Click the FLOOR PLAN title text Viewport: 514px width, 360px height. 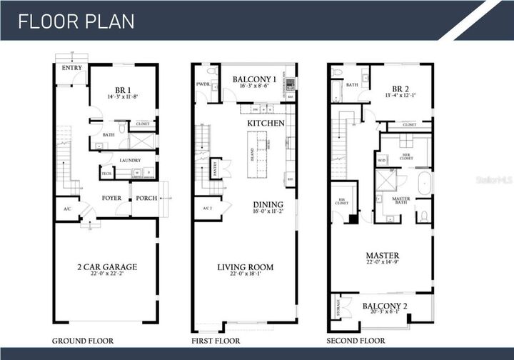coord(76,21)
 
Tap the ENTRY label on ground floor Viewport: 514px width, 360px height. coord(72,69)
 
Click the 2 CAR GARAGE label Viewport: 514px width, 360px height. coord(107,267)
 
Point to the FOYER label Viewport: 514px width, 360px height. coord(111,198)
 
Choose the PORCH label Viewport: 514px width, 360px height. coord(146,198)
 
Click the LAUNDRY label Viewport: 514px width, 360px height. coord(130,160)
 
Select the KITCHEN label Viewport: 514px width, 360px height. coord(266,123)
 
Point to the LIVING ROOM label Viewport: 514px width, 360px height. coord(245,267)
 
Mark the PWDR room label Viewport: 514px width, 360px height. coord(202,84)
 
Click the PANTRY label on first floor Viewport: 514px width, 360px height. coord(215,169)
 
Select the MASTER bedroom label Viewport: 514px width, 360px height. coord(382,255)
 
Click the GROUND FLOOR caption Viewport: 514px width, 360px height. coord(79,341)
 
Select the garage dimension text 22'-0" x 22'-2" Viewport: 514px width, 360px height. coord(107,275)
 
